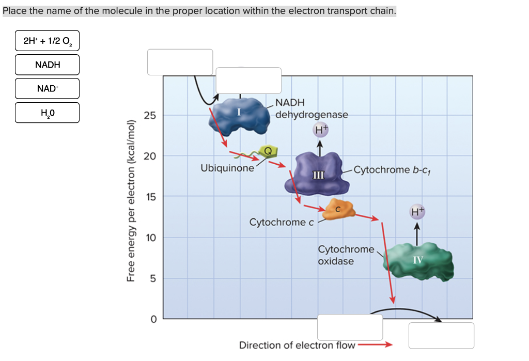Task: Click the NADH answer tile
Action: (47, 65)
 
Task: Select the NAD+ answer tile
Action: (47, 88)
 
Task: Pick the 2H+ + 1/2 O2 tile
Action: (47, 41)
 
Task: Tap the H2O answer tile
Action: (47, 113)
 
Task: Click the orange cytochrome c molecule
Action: (338, 209)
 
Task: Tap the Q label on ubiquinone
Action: (268, 151)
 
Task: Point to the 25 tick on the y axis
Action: (149, 115)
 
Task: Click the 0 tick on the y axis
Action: (153, 319)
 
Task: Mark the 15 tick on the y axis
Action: (149, 197)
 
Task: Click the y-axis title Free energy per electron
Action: (131, 201)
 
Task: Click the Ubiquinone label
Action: (227, 168)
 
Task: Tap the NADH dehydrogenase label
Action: (312, 108)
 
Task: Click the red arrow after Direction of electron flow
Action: (375, 345)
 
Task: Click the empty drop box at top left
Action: (180, 62)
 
